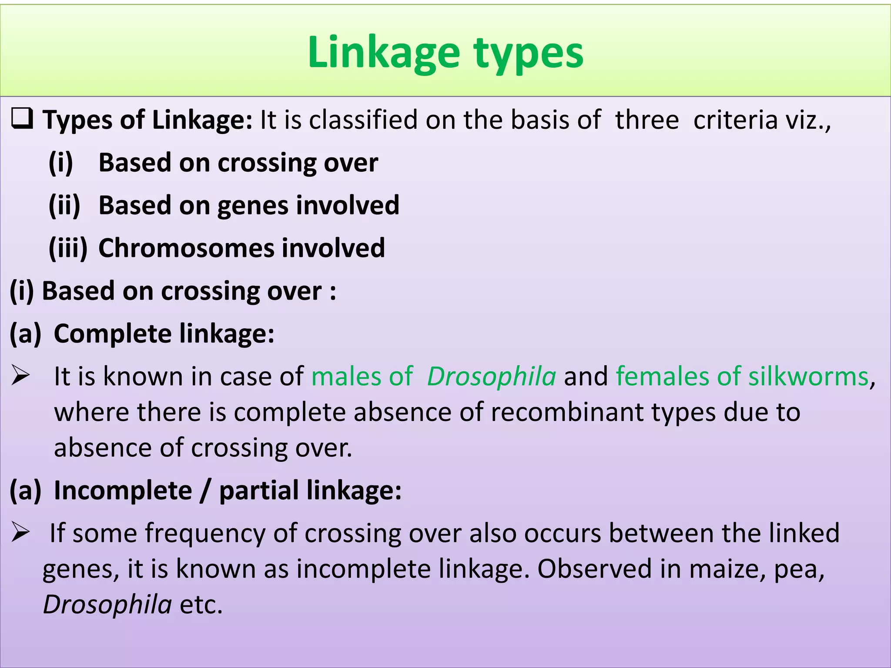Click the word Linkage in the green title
383,53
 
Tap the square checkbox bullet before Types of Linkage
22,119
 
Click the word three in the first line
646,120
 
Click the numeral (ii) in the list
64,205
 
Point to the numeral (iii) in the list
68,248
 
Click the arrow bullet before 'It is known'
20,376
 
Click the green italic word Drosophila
491,377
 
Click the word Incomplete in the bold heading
123,491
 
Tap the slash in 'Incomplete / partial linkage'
205,491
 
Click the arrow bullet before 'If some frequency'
20,532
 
